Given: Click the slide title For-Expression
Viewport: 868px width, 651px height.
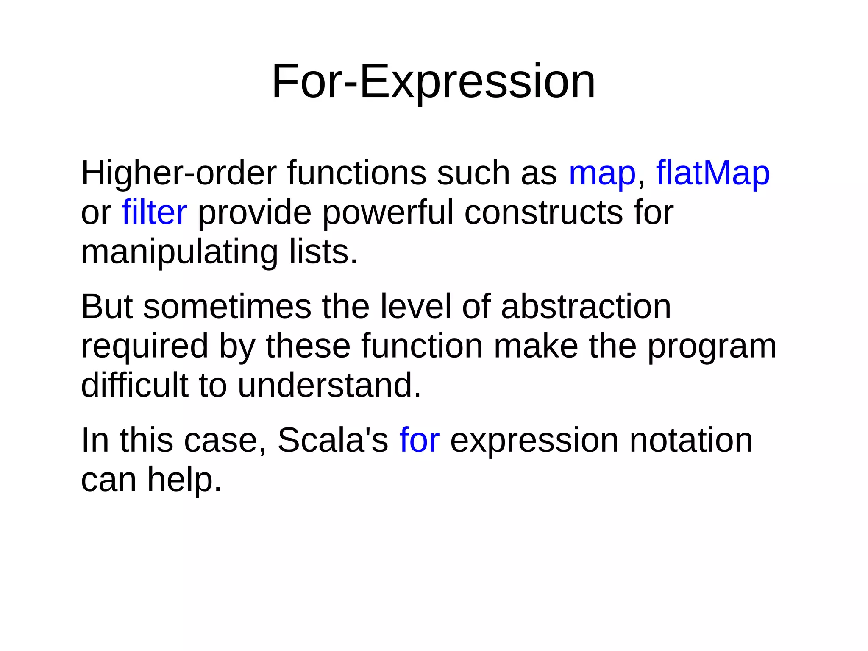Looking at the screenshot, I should [433, 81].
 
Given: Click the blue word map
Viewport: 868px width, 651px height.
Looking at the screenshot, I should [602, 173].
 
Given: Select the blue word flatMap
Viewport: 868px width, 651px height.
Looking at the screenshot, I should [712, 173].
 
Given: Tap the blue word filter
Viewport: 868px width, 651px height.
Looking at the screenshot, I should [154, 212].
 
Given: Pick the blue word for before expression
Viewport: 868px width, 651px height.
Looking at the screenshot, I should [419, 440].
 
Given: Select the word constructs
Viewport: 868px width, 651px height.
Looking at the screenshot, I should [543, 212].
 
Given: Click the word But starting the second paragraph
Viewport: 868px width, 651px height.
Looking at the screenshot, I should [107, 307].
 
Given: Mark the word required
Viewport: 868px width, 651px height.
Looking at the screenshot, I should [145, 346].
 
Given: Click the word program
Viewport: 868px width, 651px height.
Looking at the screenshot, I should [712, 346].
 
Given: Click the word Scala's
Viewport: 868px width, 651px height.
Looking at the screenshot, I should [333, 440].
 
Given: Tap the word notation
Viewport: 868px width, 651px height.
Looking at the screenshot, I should [691, 440].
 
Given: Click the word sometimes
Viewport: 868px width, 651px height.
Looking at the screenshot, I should [227, 307].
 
